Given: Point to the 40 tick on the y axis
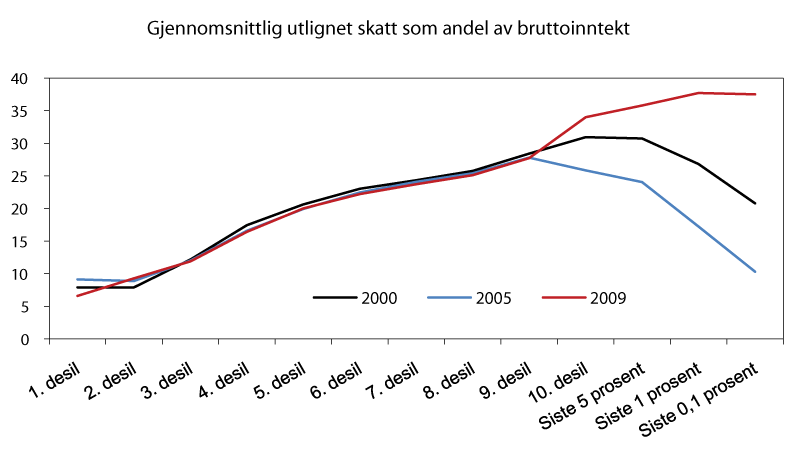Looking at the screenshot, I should (x=32, y=78).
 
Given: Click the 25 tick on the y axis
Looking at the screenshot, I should (x=32, y=176).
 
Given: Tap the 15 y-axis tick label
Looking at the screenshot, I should (x=32, y=241).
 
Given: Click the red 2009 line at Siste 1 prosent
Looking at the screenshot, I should (x=698, y=93).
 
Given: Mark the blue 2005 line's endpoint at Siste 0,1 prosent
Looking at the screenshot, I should (x=755, y=272).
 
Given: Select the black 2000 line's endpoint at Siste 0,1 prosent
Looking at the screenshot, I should (x=755, y=203).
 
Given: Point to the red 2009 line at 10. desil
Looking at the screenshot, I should (x=585, y=117).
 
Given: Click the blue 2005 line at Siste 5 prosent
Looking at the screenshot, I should (x=641, y=182).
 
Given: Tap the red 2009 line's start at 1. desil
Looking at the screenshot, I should (x=77, y=296).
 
